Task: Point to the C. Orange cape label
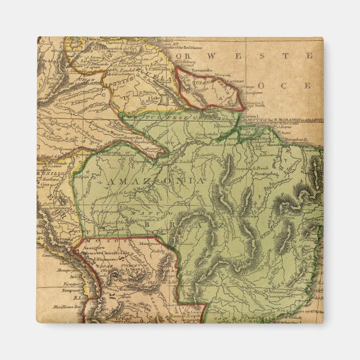tap(245, 86)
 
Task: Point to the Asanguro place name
tap(93, 247)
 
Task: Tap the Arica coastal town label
tap(73, 276)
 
